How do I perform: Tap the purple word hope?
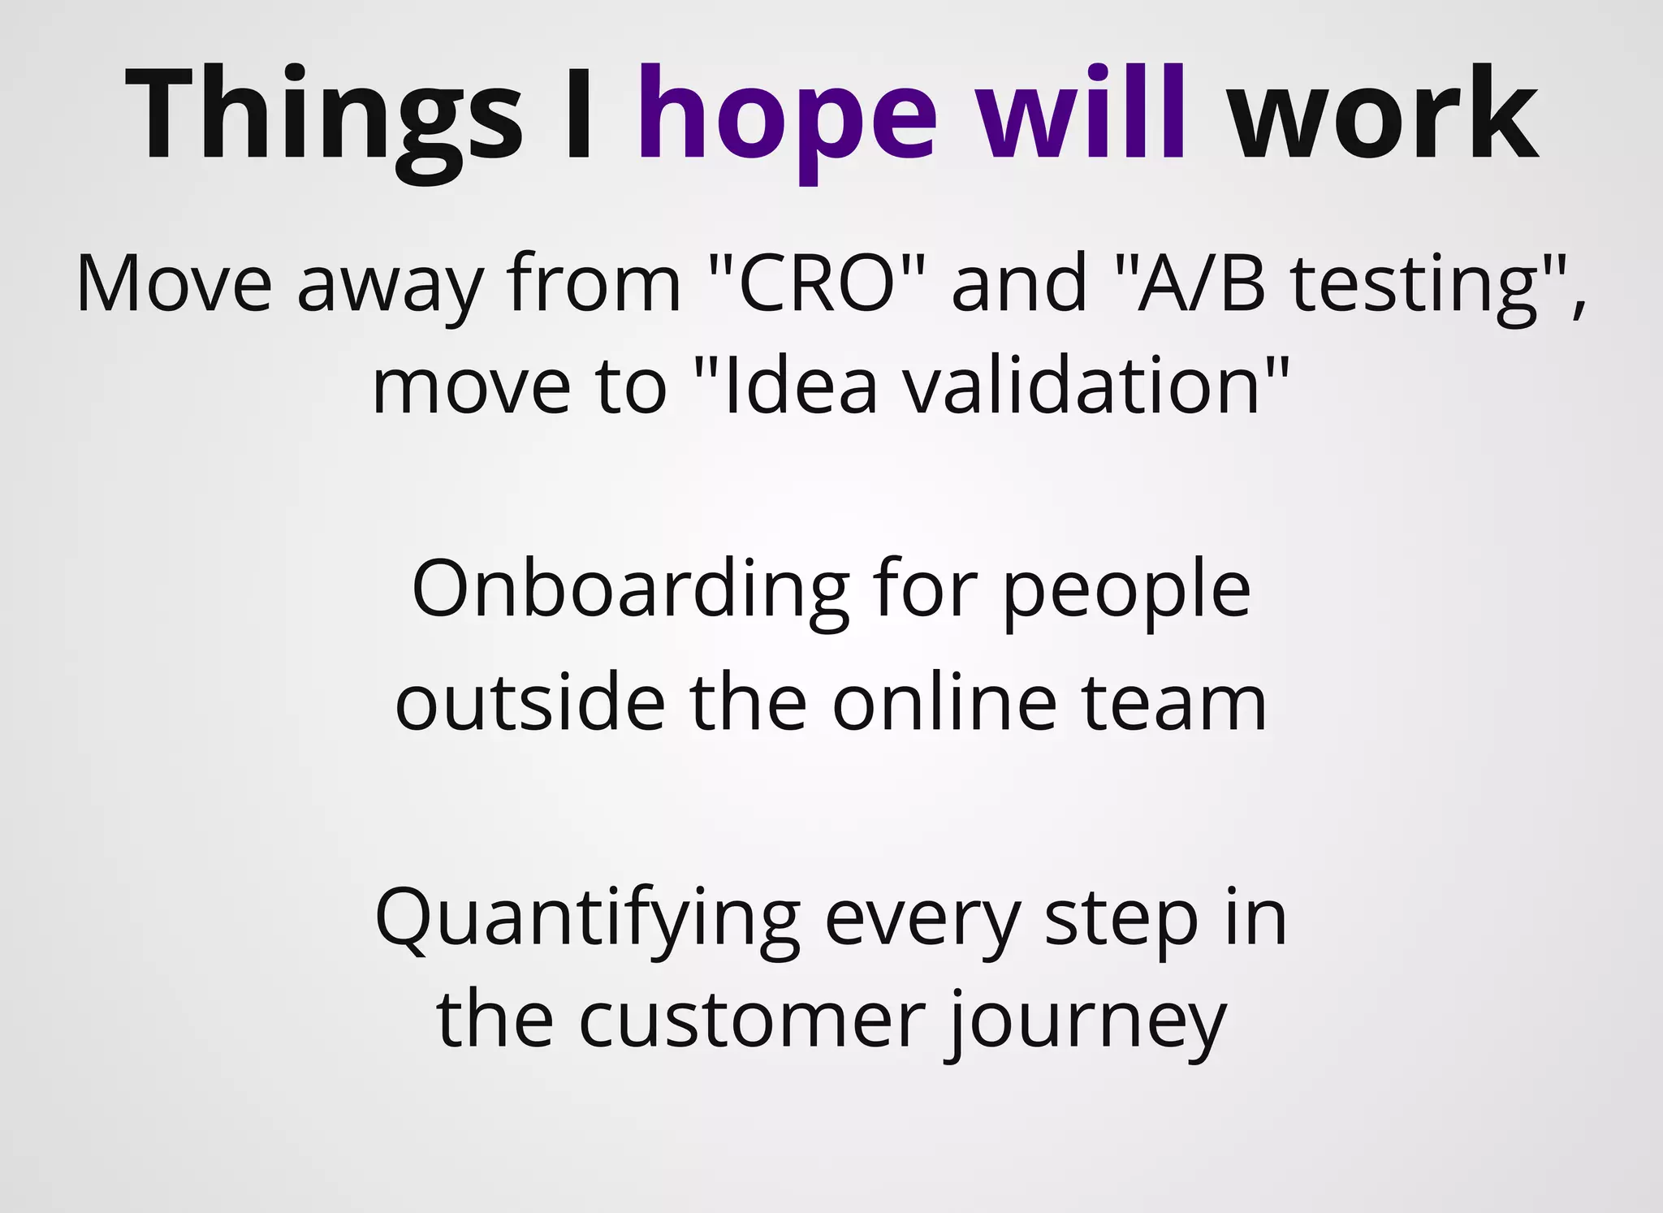[787, 118]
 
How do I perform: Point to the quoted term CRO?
[816, 284]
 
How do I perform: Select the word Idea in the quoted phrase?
[800, 387]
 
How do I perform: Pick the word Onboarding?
[630, 591]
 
